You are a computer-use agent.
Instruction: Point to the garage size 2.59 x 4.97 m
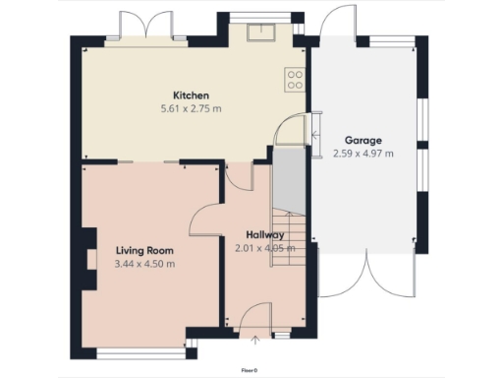363,153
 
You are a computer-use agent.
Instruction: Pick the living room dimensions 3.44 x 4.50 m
143,264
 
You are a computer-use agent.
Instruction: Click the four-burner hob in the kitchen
293,79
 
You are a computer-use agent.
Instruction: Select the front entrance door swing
255,320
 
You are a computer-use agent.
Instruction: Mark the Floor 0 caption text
251,370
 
